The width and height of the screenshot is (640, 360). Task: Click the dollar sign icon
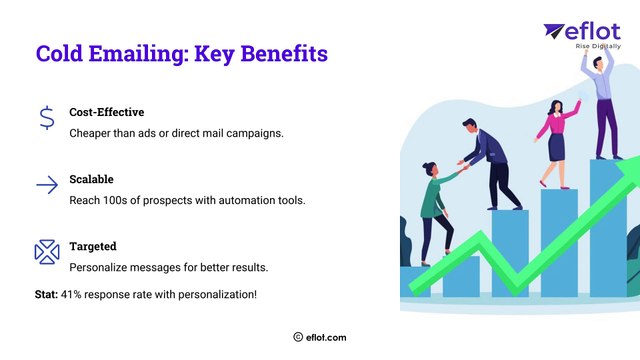coord(47,119)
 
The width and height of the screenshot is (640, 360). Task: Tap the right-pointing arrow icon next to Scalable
coord(47,185)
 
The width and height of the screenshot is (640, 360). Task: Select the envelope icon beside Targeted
coord(47,252)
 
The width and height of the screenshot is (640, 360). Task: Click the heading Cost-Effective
coord(107,112)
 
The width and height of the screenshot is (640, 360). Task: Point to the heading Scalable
coord(91,179)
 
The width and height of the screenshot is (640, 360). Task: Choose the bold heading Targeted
coord(93,246)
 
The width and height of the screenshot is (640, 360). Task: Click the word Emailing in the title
coord(142,54)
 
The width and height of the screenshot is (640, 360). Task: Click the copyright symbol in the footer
coord(298,338)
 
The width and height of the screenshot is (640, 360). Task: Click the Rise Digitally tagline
coord(599,47)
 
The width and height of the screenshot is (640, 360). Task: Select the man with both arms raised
coord(602,100)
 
